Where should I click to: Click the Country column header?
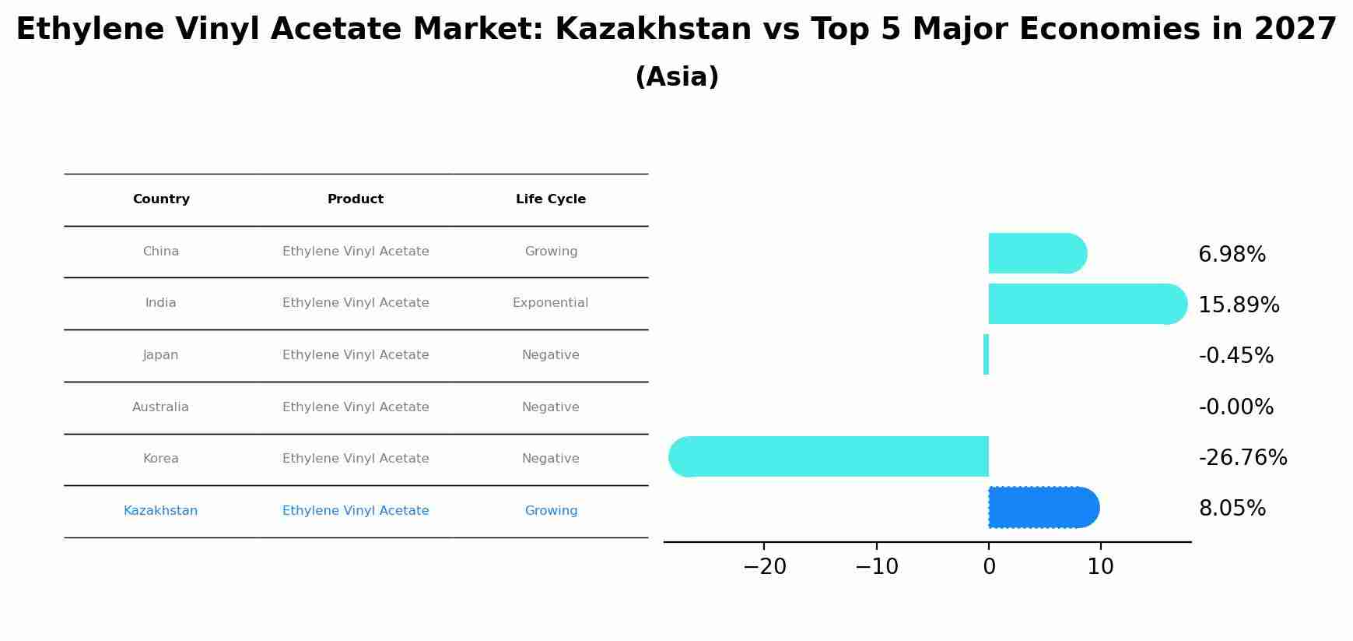(x=161, y=199)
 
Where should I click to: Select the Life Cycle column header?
(x=550, y=199)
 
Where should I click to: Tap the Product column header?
(x=355, y=199)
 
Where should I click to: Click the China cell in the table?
(x=161, y=252)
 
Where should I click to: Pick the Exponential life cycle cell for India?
(x=550, y=303)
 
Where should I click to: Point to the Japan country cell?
(x=161, y=355)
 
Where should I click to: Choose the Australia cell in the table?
(x=160, y=407)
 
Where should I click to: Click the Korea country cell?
(x=161, y=459)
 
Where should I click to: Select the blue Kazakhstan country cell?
(x=160, y=511)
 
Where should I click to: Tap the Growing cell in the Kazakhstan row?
(x=551, y=511)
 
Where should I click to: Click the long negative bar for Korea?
(x=829, y=456)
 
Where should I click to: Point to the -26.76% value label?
(x=1243, y=458)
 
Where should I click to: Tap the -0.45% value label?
(x=1236, y=356)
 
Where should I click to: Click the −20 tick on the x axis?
(x=765, y=567)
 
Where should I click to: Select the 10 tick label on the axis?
(x=1100, y=567)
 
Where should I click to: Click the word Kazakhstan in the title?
(x=653, y=30)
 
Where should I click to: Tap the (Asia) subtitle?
(x=676, y=77)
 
